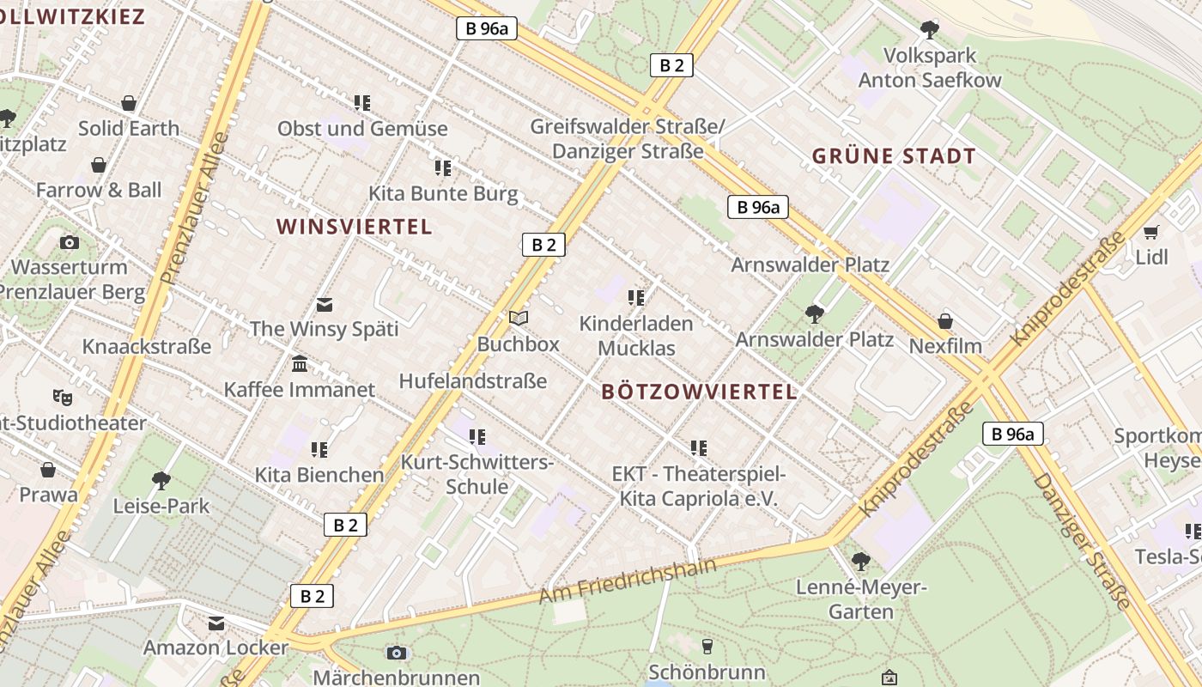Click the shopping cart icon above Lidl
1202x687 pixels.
click(x=1151, y=232)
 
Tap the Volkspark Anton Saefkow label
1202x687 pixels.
click(x=930, y=68)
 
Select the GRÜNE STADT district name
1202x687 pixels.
click(x=894, y=156)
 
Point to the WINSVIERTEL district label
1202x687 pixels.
click(x=354, y=227)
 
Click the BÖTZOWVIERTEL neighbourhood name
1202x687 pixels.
click(x=699, y=392)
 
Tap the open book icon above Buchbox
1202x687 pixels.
click(x=519, y=318)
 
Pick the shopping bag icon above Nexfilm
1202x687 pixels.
click(x=945, y=321)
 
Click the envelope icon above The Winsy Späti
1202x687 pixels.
click(x=325, y=304)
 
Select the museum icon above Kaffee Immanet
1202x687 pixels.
click(x=300, y=364)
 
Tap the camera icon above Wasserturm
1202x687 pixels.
click(x=70, y=243)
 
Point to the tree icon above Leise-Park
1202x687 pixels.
click(x=161, y=480)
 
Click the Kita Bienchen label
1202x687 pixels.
click(x=319, y=475)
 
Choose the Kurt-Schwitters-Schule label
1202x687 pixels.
click(x=477, y=474)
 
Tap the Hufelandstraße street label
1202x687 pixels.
click(x=473, y=380)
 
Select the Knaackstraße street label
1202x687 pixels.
click(x=146, y=347)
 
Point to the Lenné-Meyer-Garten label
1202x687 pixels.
click(x=861, y=600)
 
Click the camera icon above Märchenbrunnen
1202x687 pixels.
click(x=396, y=653)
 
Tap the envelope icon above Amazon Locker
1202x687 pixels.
click(x=216, y=623)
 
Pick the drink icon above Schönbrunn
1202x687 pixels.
click(x=707, y=646)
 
